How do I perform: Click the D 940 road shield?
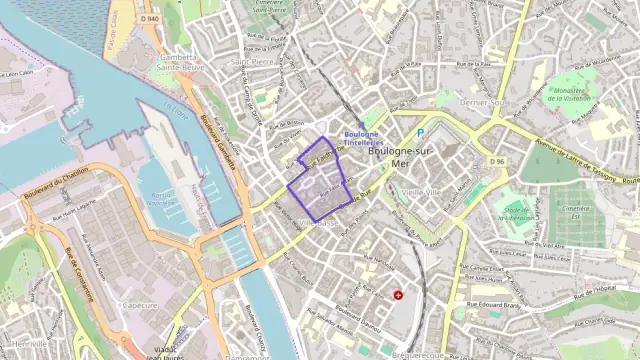[150, 18]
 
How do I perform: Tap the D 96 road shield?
[497, 161]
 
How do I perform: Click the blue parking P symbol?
[421, 133]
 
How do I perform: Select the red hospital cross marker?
[398, 295]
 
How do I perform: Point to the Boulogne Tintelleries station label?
[361, 139]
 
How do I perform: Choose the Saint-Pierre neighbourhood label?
[253, 61]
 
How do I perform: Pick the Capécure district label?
[140, 305]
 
